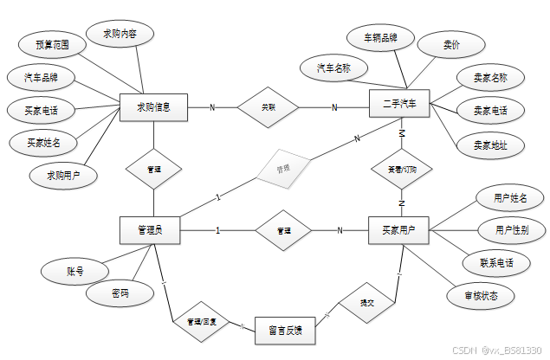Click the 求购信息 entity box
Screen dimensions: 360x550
[x=153, y=108]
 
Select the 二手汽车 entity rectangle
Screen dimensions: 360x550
[x=399, y=106]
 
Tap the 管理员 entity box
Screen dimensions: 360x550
[x=153, y=230]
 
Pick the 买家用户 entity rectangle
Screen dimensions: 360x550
[x=399, y=230]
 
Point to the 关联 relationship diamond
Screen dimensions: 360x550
[x=269, y=107]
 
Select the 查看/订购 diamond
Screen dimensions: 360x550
[x=399, y=170]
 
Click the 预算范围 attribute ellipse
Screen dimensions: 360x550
[x=48, y=44]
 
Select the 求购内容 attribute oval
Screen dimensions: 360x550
[x=120, y=34]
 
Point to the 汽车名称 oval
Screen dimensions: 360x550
[x=334, y=67]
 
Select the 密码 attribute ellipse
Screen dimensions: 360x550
[x=120, y=294]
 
